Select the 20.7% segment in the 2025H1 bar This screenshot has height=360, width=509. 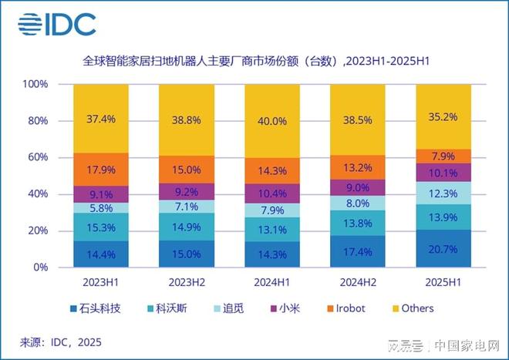pyautogui.click(x=443, y=248)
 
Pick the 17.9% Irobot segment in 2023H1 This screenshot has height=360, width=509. pyautogui.click(x=101, y=170)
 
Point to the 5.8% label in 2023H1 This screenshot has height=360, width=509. pyautogui.click(x=101, y=207)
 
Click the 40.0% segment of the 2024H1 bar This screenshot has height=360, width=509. pyautogui.click(x=271, y=121)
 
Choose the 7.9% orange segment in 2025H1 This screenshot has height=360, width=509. pyautogui.click(x=443, y=156)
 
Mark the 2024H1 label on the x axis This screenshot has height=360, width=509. pyautogui.click(x=271, y=281)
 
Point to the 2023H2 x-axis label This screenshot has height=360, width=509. pyautogui.click(x=187, y=281)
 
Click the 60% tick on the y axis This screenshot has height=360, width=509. pyautogui.click(x=38, y=157)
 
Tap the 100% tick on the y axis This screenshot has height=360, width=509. pyautogui.click(x=35, y=84)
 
